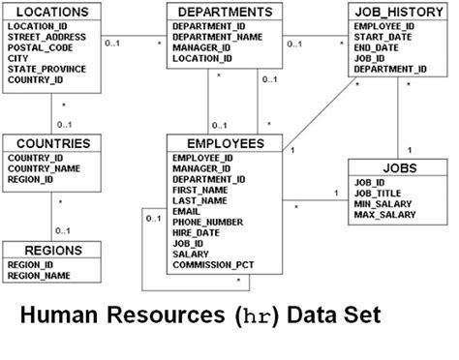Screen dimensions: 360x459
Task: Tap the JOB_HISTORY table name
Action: tap(391, 12)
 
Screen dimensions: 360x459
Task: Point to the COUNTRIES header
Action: tap(48, 143)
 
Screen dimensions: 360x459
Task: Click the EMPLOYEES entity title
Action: tap(218, 143)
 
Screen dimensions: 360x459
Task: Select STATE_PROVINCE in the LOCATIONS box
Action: tap(46, 69)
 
